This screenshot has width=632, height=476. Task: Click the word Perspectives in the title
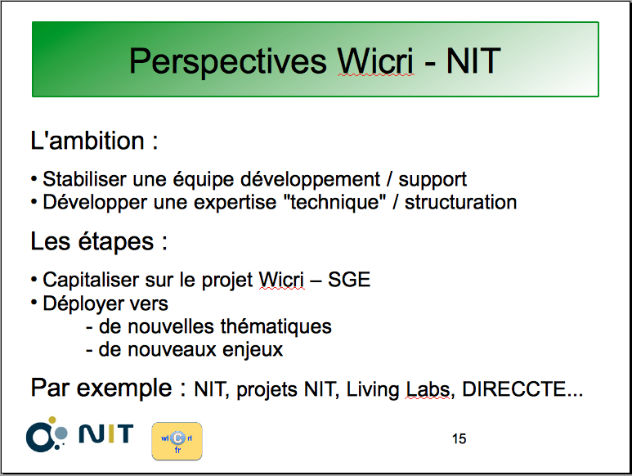click(x=228, y=61)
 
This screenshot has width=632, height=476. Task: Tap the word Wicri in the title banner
click(x=375, y=61)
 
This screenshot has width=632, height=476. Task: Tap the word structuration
click(x=460, y=202)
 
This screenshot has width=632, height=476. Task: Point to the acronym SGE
click(x=349, y=280)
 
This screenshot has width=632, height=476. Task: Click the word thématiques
click(x=276, y=327)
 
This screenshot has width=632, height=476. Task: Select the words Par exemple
click(x=101, y=388)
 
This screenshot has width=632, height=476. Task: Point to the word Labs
click(x=428, y=389)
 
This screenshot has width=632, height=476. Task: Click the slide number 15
click(x=459, y=439)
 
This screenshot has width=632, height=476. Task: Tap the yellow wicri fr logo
click(x=177, y=442)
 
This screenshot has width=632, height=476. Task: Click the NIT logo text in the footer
click(x=106, y=433)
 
